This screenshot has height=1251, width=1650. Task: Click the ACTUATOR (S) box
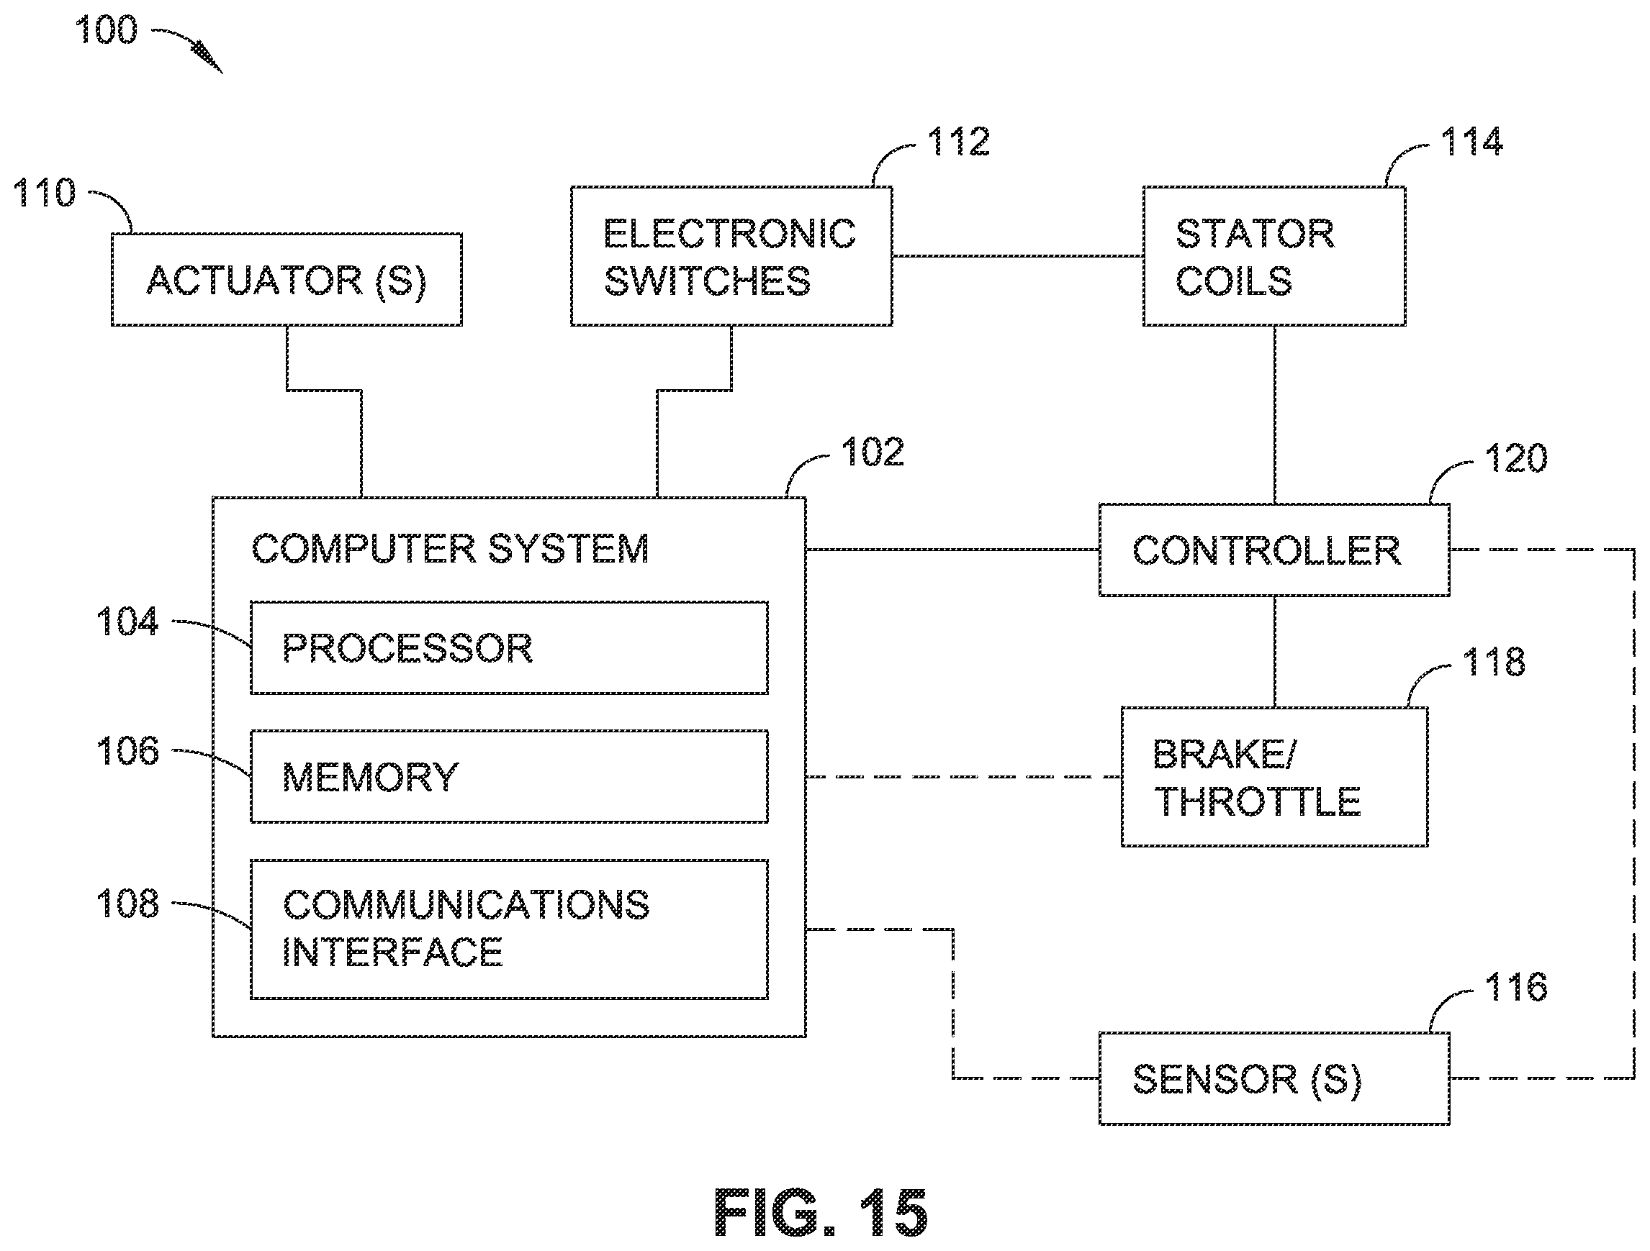(x=287, y=280)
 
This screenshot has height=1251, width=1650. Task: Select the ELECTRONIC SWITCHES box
(x=731, y=255)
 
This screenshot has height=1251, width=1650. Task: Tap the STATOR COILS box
(x=1274, y=255)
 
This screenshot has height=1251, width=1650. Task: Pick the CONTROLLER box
(x=1274, y=550)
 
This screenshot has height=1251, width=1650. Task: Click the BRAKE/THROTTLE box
(x=1274, y=777)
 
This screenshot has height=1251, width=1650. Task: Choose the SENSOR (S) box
(x=1274, y=1078)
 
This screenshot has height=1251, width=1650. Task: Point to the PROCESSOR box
(x=509, y=648)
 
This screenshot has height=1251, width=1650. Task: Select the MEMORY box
(x=509, y=777)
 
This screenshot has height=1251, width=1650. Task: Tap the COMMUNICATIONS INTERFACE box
(x=509, y=929)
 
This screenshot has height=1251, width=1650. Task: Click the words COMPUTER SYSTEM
(x=450, y=550)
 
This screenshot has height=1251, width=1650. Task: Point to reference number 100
(x=107, y=30)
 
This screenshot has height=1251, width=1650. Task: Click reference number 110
(x=45, y=192)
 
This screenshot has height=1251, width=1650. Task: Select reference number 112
(x=958, y=142)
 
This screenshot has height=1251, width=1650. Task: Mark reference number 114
(x=1471, y=142)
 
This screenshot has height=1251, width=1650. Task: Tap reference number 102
(x=873, y=452)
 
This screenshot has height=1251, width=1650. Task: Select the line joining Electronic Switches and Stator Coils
(x=1017, y=255)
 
